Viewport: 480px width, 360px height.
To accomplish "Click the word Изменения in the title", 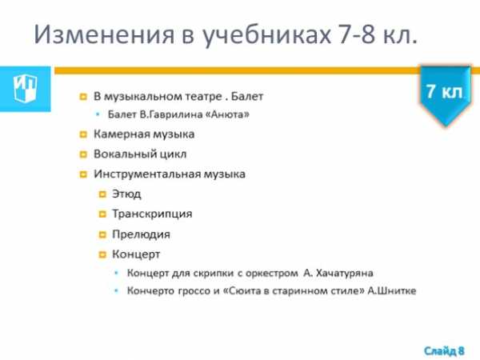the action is tap(104, 34).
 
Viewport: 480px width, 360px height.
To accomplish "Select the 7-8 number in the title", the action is tap(357, 34).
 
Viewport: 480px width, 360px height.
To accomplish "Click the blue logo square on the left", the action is tap(26, 89).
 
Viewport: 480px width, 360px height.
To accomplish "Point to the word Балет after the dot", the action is tap(247, 97).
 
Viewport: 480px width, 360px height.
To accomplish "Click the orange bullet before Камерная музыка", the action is tap(83, 134).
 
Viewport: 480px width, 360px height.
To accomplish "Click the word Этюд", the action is tap(126, 194).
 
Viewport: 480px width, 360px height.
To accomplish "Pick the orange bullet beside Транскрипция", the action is tap(102, 214).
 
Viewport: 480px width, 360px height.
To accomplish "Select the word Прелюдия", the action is tap(141, 234).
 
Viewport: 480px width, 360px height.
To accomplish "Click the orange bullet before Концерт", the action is tap(102, 254).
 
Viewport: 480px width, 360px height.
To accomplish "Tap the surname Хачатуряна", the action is tap(344, 273).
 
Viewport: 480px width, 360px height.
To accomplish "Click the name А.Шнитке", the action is tap(392, 290).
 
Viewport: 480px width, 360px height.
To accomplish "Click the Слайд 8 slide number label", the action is tap(444, 350).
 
